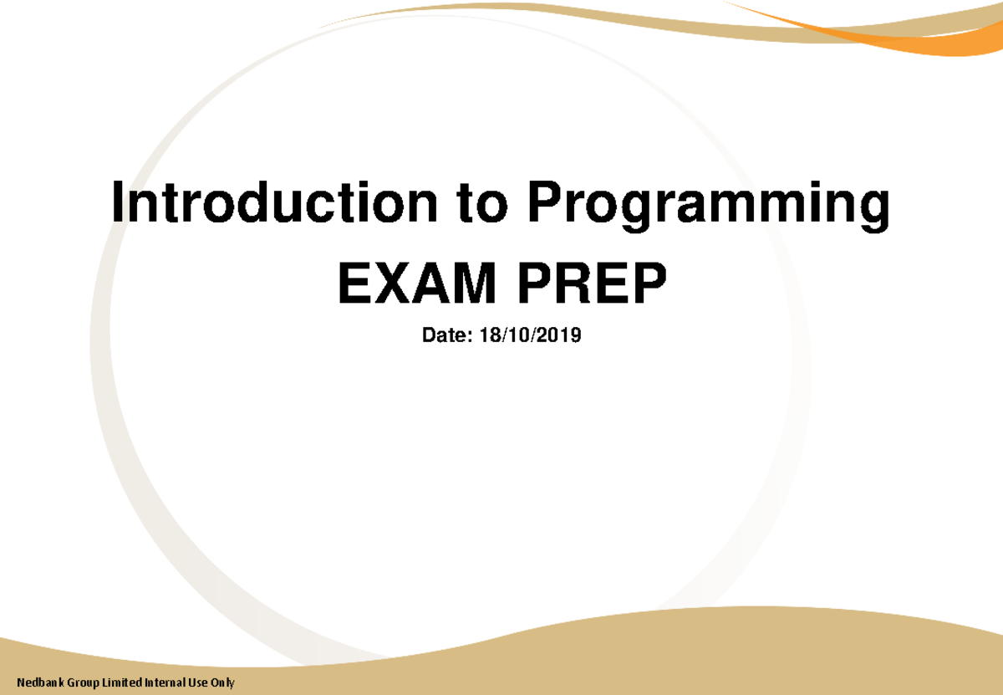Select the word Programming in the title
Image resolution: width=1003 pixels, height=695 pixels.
coord(706,207)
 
